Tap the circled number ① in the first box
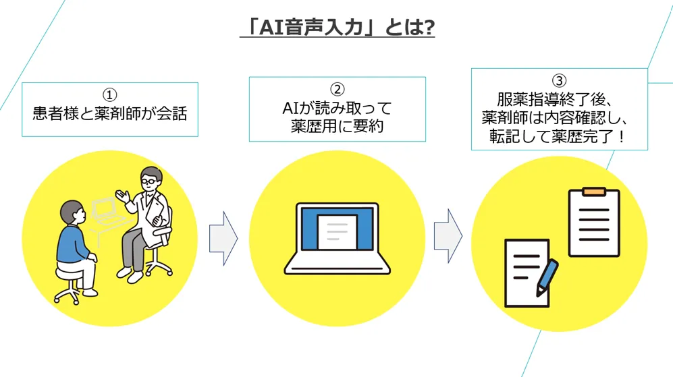110,94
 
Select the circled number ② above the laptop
337,89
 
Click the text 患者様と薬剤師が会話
110,113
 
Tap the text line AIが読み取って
337,108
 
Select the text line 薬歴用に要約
337,125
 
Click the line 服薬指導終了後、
559,99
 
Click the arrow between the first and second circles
223,238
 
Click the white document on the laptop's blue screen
337,230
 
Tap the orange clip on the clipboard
593,192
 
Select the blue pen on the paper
547,277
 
